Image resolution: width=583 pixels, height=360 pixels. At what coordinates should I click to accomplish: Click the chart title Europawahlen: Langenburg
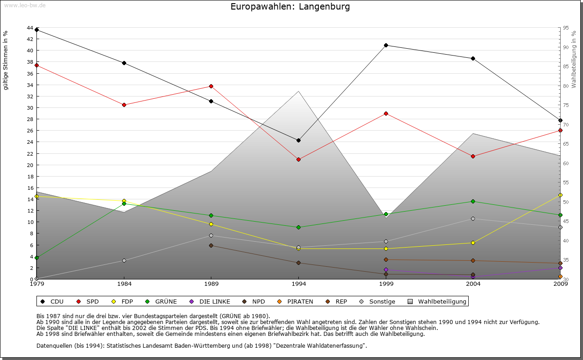pos(290,7)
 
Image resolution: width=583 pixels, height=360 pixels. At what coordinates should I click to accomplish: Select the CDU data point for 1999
pos(386,45)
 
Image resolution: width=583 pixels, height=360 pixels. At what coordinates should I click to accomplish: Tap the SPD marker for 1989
pos(211,86)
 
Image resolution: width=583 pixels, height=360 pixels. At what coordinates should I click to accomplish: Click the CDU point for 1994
pos(298,140)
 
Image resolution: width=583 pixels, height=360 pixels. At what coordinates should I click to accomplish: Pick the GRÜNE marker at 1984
pos(124,203)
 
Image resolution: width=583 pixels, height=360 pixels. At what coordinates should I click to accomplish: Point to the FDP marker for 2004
pos(473,243)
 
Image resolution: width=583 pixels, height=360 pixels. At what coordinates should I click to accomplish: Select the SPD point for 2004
pos(473,156)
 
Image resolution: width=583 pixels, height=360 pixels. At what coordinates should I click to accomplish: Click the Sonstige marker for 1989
pos(211,235)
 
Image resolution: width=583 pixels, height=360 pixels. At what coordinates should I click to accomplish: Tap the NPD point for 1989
pos(211,245)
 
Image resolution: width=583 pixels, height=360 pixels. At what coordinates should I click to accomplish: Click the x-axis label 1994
pos(299,284)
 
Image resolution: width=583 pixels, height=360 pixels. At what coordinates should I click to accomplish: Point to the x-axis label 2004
pos(473,284)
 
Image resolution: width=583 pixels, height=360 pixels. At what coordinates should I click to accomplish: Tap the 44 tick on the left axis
pos(30,28)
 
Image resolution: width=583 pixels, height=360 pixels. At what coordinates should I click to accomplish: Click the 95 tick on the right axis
pos(566,28)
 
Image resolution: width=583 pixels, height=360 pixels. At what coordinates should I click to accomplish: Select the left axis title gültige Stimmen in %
pos(6,60)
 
